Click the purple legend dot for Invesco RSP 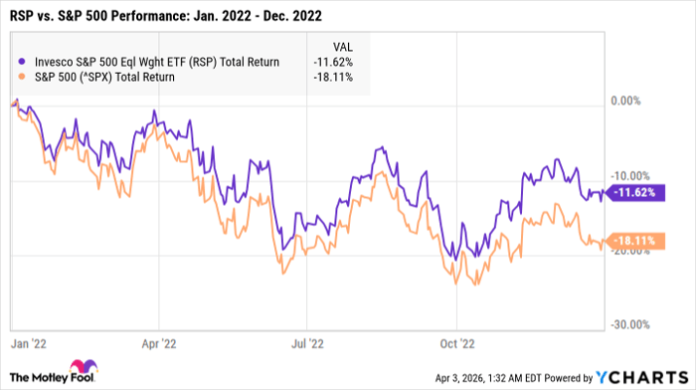[21, 62]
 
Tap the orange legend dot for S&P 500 [21, 77]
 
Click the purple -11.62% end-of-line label [634, 192]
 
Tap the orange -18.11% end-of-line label [634, 241]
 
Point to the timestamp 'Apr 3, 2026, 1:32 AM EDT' [467, 379]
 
